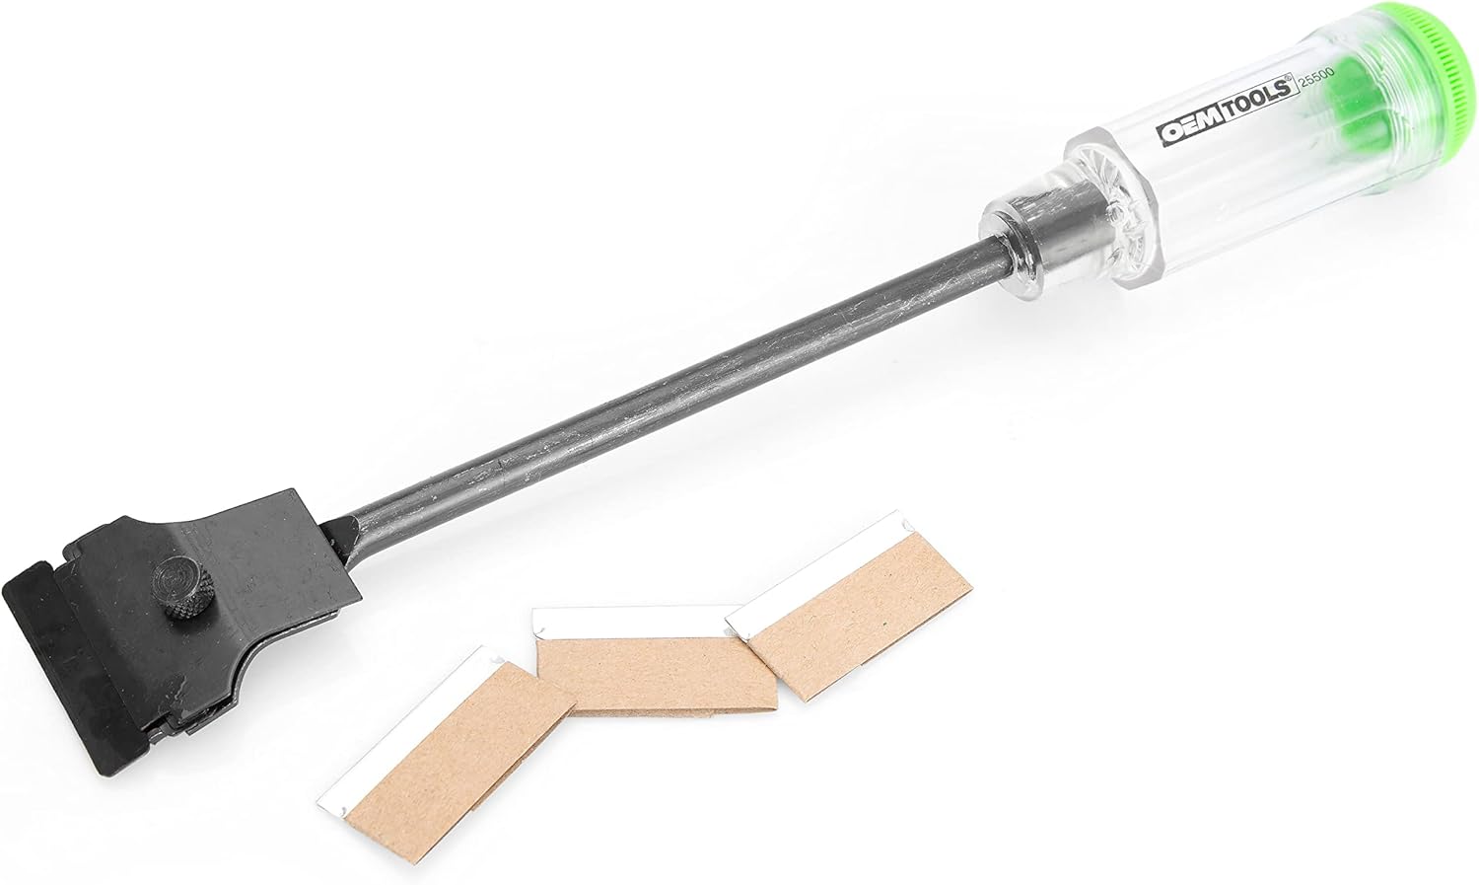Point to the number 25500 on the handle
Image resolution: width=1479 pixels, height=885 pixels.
pyautogui.click(x=1316, y=86)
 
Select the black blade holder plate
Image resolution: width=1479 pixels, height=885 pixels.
pyautogui.click(x=227, y=612)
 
